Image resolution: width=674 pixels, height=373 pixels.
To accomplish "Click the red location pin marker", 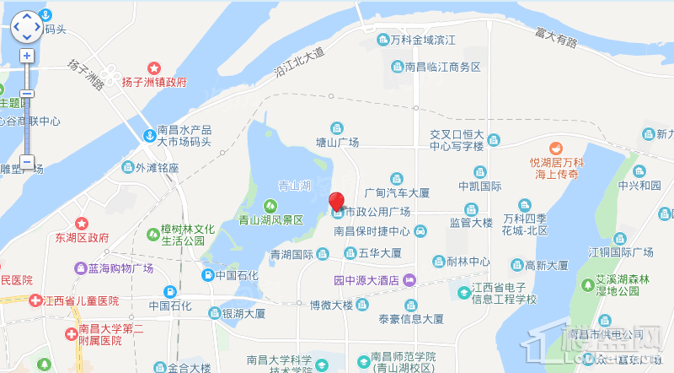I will coord(336,202).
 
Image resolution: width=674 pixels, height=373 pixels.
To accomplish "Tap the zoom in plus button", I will coord(26,56).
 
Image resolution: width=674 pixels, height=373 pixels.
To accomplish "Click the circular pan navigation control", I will coord(26,26).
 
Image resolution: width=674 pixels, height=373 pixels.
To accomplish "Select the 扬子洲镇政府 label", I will coord(154,82).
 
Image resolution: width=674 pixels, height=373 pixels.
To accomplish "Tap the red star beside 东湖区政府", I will coord(82,224).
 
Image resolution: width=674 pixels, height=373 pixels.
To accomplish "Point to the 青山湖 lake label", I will coord(295,185).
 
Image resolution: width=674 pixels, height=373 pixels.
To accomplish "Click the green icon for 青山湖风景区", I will coord(270,205).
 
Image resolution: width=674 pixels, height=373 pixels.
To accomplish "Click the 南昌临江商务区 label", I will coord(442,67).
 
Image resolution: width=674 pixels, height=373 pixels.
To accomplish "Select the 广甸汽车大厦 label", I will coord(397,193).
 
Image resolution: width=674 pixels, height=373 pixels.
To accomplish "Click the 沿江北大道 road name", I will coord(299,63).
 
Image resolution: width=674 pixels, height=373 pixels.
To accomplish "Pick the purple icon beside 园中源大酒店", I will coord(409,281).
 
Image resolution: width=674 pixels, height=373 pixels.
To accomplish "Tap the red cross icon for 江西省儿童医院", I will coord(35,300).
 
